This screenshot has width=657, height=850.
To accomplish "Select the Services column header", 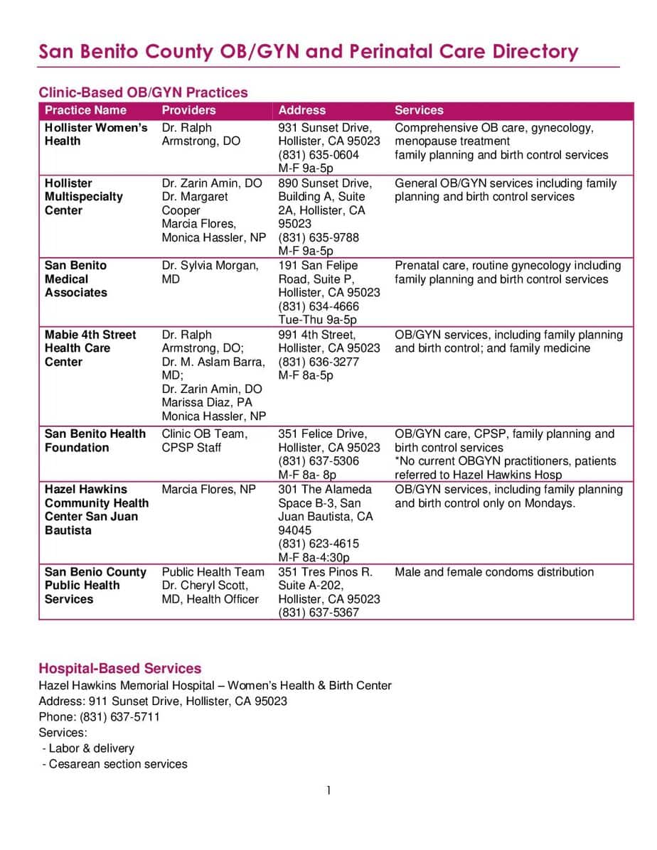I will pyautogui.click(x=419, y=110).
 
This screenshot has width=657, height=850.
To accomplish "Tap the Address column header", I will pyautogui.click(x=301, y=110).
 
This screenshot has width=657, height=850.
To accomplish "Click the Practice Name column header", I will pyautogui.click(x=85, y=110).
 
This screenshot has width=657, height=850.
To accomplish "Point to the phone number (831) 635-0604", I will pyautogui.click(x=319, y=155).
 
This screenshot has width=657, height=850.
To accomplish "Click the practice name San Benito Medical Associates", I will pyautogui.click(x=76, y=279).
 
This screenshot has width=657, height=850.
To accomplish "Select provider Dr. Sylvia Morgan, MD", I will pyautogui.click(x=210, y=272).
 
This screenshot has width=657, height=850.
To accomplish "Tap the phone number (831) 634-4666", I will pyautogui.click(x=319, y=306).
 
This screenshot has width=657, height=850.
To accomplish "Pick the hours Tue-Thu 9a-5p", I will pyautogui.click(x=317, y=320).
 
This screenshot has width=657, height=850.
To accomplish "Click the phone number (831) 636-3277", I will pyautogui.click(x=319, y=362).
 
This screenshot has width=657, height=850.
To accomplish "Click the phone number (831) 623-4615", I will pyautogui.click(x=319, y=544).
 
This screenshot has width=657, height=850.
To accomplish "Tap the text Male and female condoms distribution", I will pyautogui.click(x=494, y=572).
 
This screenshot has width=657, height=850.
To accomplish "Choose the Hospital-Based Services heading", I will pyautogui.click(x=119, y=669).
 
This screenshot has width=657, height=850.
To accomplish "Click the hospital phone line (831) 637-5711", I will pyautogui.click(x=119, y=717).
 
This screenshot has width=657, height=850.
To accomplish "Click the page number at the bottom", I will pyautogui.click(x=328, y=790).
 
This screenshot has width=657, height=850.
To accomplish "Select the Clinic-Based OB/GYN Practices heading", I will pyautogui.click(x=143, y=92).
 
